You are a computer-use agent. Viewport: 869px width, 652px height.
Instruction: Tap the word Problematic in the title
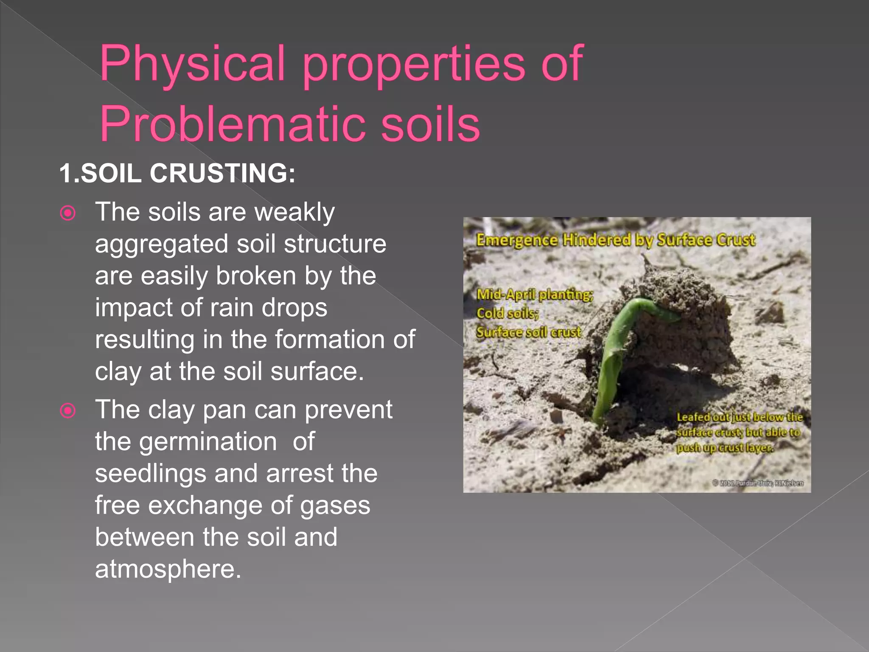(231, 124)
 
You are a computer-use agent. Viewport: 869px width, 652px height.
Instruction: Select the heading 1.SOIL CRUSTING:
(177, 173)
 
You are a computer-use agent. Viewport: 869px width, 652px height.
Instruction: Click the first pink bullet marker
(68, 213)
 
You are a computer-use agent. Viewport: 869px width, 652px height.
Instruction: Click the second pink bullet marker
(68, 410)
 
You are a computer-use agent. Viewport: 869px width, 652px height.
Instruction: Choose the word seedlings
(150, 473)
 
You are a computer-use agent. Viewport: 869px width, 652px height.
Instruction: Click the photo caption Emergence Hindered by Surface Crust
(615, 240)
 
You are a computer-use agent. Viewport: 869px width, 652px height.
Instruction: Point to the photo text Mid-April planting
(535, 294)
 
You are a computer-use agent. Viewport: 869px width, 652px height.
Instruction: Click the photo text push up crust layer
(725, 448)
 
